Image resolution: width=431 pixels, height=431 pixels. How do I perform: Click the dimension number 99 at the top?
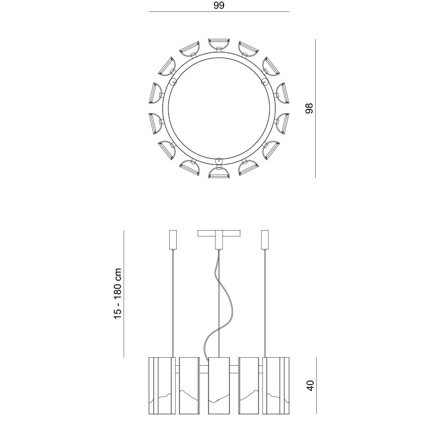219,5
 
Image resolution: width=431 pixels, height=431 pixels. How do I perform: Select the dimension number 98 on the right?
309,108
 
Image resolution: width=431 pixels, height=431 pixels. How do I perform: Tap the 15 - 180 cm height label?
117,294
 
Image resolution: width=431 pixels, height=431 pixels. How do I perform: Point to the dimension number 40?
310,386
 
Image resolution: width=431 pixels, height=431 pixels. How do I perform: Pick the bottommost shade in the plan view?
219,172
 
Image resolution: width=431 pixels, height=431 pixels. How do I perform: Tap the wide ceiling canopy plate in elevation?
219,233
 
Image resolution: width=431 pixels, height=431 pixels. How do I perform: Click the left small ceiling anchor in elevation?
172,240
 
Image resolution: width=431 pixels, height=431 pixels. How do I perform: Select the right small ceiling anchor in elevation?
265,240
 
